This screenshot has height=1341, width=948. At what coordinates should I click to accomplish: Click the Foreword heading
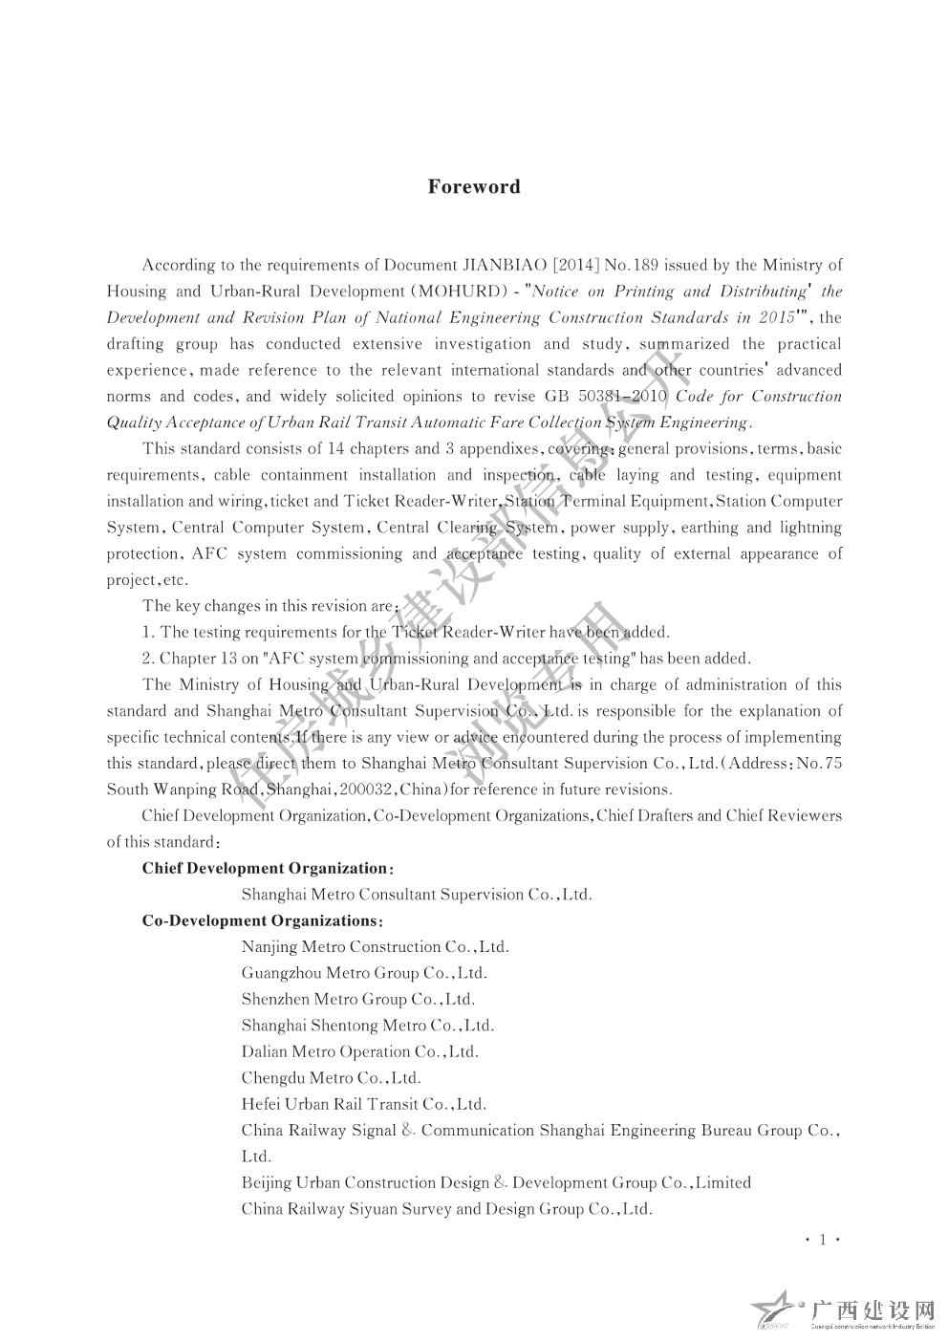click(474, 186)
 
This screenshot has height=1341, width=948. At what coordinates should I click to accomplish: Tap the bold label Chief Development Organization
click(263, 868)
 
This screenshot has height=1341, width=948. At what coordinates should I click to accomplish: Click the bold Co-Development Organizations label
click(258, 920)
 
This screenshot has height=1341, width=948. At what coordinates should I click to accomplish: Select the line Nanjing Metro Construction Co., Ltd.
click(375, 947)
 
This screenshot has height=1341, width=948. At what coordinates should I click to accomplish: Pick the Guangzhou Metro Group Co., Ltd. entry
click(364, 973)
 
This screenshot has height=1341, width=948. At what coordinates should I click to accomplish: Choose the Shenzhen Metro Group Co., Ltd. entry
click(357, 1000)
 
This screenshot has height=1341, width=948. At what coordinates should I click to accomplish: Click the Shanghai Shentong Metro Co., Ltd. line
click(367, 1026)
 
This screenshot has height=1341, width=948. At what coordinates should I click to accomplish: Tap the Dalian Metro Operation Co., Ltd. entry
click(359, 1051)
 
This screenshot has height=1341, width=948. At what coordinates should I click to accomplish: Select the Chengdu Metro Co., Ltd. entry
click(331, 1078)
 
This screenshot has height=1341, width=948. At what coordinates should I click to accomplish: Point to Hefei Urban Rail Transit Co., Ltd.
click(363, 1104)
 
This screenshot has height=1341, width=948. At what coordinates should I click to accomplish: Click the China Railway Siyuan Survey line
click(446, 1209)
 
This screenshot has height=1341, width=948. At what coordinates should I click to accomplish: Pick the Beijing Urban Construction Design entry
click(496, 1182)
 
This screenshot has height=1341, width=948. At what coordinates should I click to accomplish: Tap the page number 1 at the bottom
click(821, 1240)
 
